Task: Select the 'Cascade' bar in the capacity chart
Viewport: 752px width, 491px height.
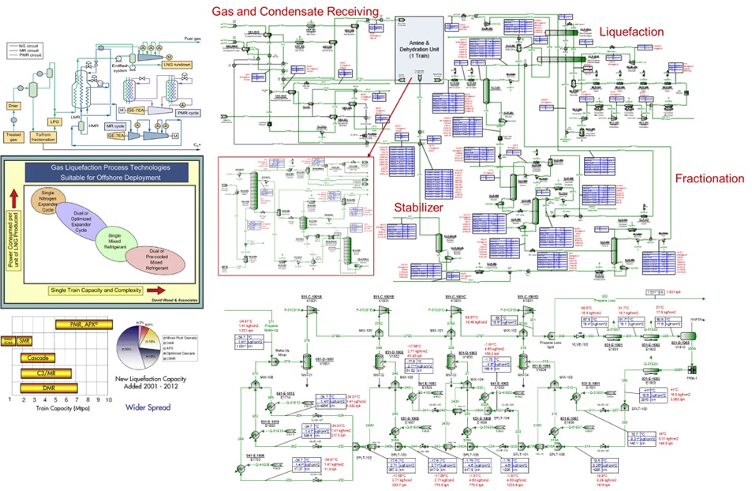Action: coord(39,358)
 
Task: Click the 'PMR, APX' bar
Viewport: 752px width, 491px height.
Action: coord(84,324)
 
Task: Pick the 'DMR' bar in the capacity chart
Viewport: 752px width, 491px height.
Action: coord(51,388)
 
